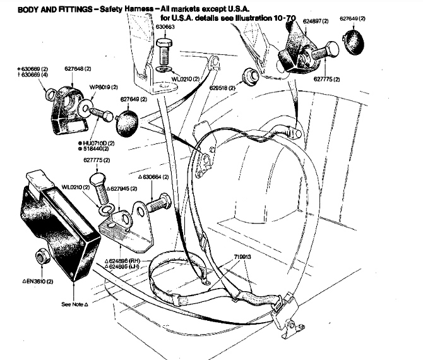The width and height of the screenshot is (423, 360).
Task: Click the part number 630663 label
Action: [165, 28]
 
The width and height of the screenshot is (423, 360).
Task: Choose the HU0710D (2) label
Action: [97, 144]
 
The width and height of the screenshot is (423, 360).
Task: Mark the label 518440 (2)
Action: [96, 151]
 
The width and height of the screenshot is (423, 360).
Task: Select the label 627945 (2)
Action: [122, 188]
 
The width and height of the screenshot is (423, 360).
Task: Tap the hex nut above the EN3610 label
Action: [41, 256]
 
